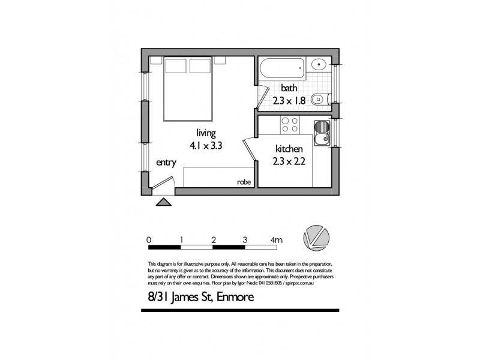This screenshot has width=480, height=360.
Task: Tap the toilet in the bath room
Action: click(x=321, y=100)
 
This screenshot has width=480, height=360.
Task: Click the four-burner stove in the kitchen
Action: click(x=290, y=125)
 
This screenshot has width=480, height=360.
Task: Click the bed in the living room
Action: click(x=187, y=88)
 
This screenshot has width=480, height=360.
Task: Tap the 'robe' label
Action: click(x=244, y=182)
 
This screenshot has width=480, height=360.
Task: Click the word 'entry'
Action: click(x=166, y=163)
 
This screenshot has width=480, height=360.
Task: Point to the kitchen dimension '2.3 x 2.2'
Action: click(x=293, y=161)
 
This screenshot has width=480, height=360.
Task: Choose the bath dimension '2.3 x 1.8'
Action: click(x=289, y=101)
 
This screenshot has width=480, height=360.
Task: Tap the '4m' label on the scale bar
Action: click(x=277, y=240)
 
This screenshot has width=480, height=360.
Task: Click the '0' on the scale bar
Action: click(x=149, y=240)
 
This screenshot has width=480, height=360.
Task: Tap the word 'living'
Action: click(x=206, y=133)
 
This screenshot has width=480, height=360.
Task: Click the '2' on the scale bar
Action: click(x=214, y=240)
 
